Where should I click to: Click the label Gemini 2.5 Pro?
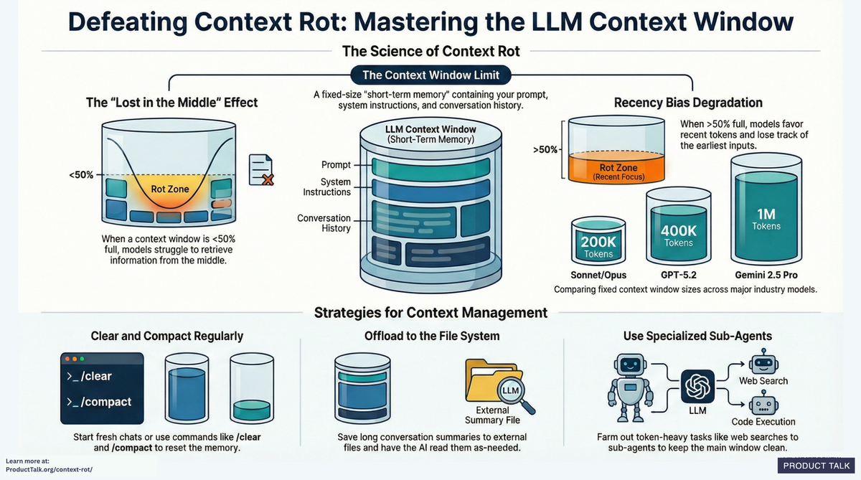(766, 275)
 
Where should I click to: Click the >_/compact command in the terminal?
(99, 402)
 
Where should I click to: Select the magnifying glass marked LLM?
(511, 390)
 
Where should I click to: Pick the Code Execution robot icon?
(763, 403)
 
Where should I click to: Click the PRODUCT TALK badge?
(816, 466)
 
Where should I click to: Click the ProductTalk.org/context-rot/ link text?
(49, 469)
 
